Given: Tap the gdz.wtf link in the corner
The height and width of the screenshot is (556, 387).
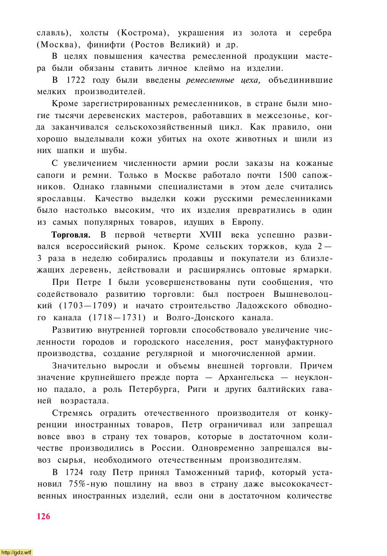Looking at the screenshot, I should pyautogui.click(x=16, y=552).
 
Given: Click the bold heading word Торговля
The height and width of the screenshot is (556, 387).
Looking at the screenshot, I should pyautogui.click(x=71, y=234).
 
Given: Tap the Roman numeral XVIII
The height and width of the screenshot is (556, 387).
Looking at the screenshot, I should pyautogui.click(x=211, y=234).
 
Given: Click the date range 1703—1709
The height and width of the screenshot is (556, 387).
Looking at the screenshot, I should pyautogui.click(x=88, y=306).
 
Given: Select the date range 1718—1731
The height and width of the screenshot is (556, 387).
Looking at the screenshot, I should pyautogui.click(x=117, y=318).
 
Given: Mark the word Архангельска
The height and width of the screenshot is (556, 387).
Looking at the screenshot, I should pyautogui.click(x=244, y=378).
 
